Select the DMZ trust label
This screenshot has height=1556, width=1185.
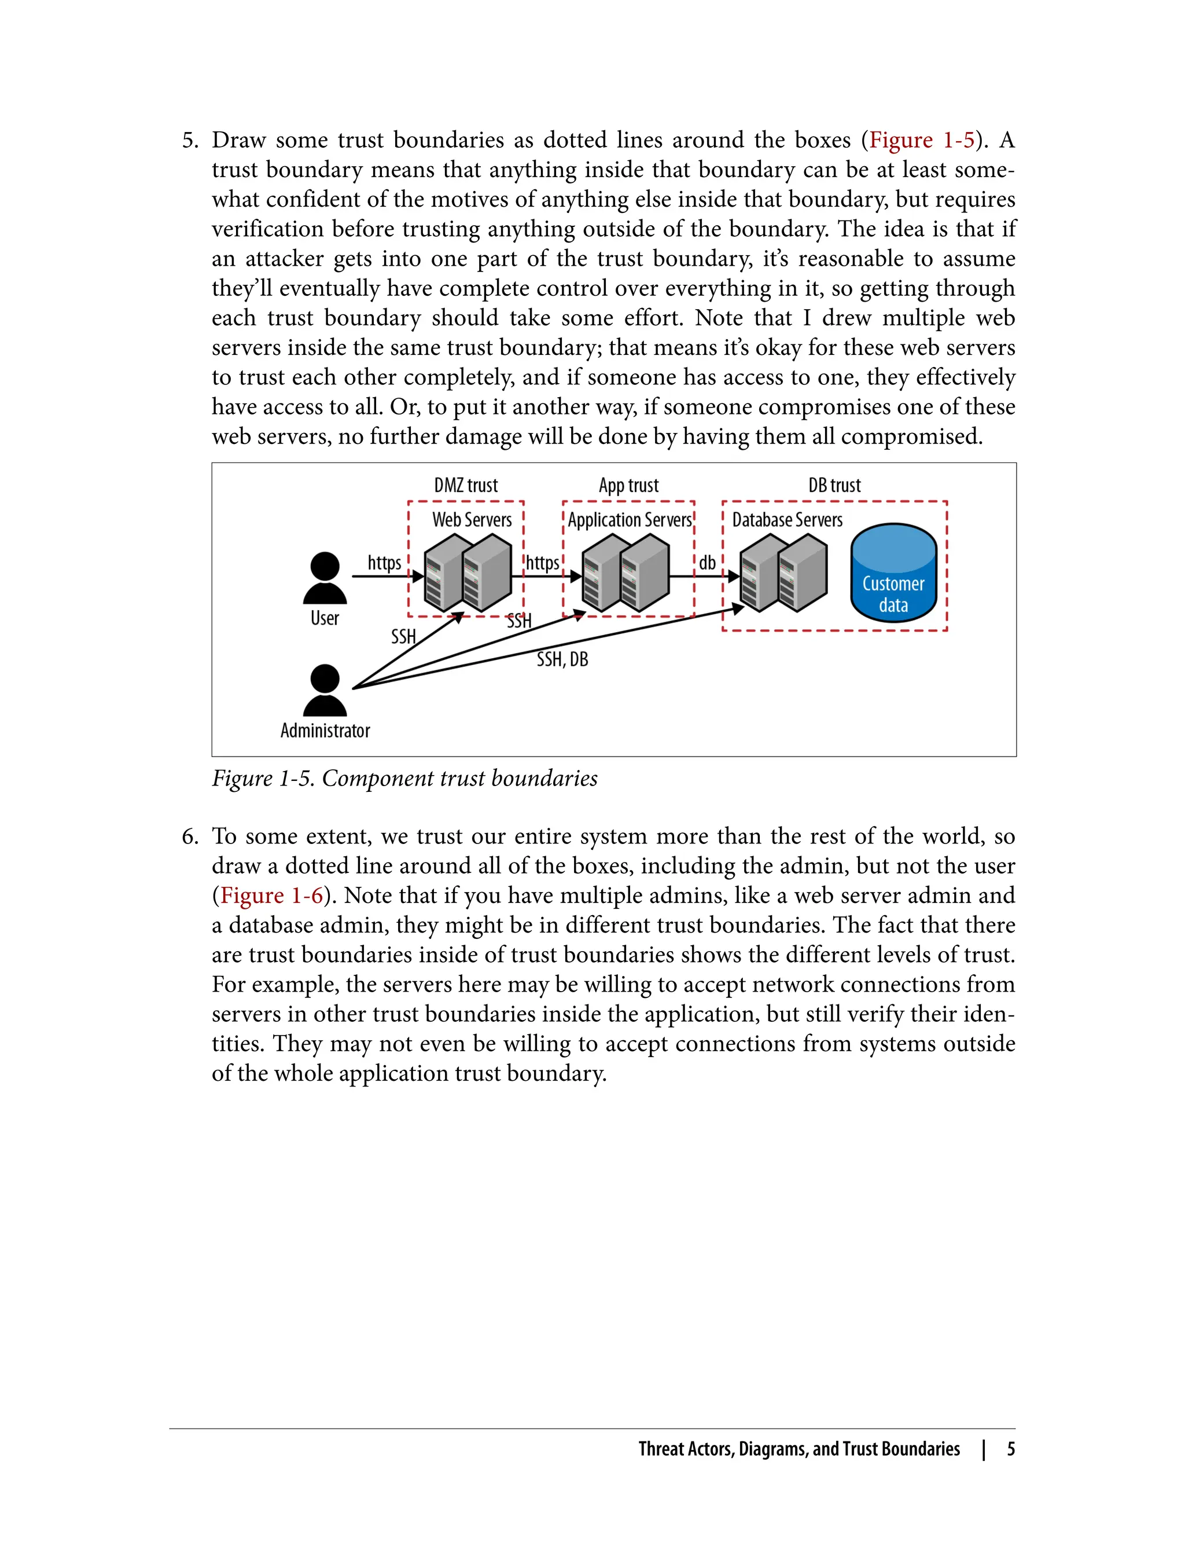click(466, 486)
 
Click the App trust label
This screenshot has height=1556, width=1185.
click(628, 486)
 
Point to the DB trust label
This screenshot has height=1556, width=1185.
click(834, 486)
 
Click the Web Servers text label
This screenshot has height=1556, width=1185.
click(472, 520)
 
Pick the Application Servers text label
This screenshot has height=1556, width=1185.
click(630, 520)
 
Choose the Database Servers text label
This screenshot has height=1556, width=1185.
click(787, 520)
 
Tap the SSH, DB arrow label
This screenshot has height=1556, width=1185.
click(562, 659)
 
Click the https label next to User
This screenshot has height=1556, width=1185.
click(384, 563)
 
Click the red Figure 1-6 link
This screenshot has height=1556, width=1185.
click(271, 896)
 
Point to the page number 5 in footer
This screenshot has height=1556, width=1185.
click(1011, 1449)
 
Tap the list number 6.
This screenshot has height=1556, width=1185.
click(190, 836)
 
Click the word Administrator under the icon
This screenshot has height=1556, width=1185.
click(325, 731)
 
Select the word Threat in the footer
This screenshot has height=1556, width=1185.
click(661, 1449)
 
